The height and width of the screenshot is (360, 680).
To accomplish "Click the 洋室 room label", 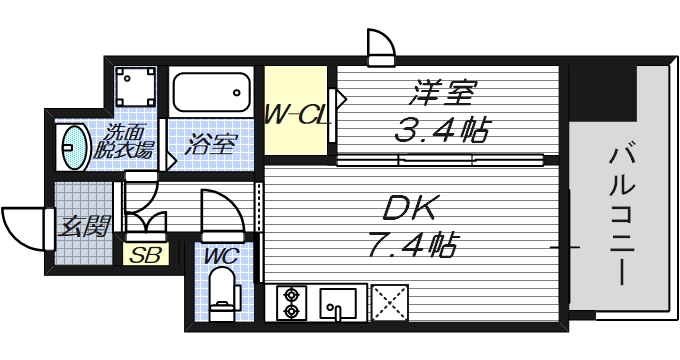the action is [x=437, y=95].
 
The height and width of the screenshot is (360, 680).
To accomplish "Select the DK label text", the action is [x=410, y=211].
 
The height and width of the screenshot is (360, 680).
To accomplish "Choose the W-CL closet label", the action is [x=297, y=115].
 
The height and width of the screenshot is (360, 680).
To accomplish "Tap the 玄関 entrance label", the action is [x=83, y=227].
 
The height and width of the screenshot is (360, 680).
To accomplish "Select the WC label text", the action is [x=220, y=256].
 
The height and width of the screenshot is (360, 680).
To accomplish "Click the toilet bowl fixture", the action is [x=224, y=293].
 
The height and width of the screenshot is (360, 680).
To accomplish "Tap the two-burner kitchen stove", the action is [x=292, y=302].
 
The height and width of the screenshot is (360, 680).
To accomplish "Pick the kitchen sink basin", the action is [x=341, y=302].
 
